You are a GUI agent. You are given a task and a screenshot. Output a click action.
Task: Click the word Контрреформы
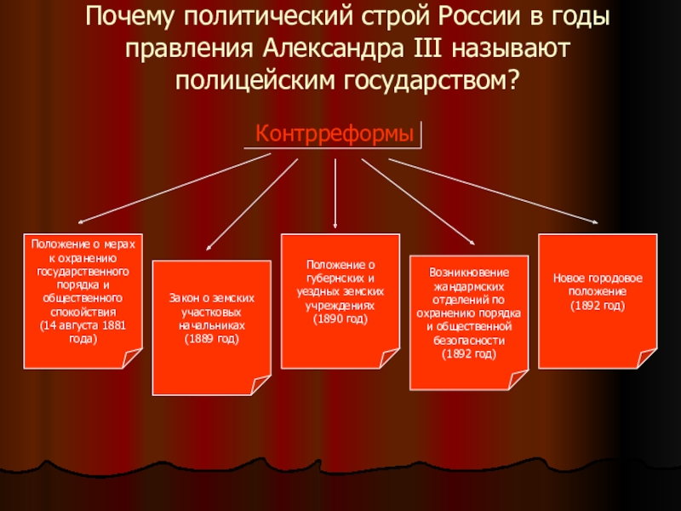pos(335,135)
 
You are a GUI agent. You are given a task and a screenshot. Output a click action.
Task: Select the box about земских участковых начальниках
pos(211,326)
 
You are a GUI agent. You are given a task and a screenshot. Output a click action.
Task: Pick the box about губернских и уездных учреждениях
pos(340,300)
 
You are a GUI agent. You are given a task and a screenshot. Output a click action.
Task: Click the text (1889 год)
pos(212,339)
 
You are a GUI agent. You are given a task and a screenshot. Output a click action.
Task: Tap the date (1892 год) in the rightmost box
pos(597,305)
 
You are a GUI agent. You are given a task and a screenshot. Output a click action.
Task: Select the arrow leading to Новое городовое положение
pos(494,192)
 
